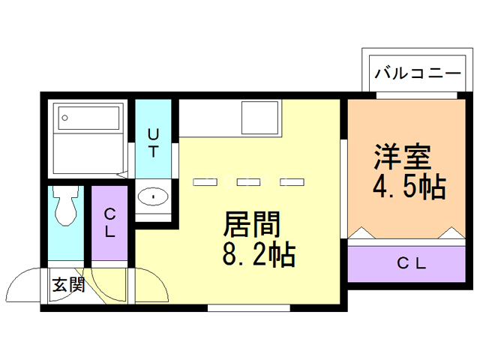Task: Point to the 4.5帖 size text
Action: tap(409, 187)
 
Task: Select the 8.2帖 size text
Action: tap(257, 256)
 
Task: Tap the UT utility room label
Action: tap(153, 142)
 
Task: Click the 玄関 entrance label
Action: tap(67, 285)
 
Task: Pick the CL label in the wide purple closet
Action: tap(411, 263)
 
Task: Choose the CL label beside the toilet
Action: tap(109, 223)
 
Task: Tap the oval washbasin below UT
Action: tap(154, 197)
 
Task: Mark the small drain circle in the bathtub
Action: tap(66, 117)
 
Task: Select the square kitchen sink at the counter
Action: tap(259, 117)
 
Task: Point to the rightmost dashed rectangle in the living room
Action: tap(292, 181)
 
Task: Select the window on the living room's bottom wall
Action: tap(247, 307)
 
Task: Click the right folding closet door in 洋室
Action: tap(451, 234)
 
